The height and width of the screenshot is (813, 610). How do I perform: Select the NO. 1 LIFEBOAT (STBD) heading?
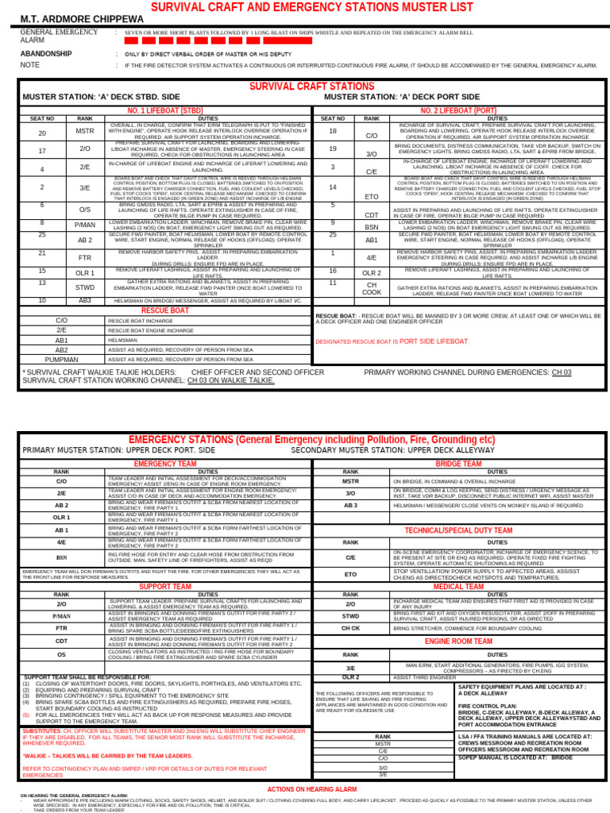(165, 110)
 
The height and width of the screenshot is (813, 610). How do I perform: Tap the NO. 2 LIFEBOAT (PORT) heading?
(458, 110)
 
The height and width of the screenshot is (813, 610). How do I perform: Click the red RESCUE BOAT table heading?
(164, 310)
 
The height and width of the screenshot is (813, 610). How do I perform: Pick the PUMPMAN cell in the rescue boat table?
(61, 360)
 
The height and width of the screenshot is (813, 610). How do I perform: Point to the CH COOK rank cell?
(371, 288)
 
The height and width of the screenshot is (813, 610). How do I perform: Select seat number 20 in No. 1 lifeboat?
(42, 133)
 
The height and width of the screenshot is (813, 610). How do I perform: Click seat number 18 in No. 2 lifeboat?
(333, 131)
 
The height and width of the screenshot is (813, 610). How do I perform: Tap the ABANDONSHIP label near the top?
(45, 54)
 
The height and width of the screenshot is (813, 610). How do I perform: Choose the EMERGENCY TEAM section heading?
(165, 463)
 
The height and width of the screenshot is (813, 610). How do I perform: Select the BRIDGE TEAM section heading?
(458, 463)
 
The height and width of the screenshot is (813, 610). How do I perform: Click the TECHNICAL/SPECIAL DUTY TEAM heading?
(458, 530)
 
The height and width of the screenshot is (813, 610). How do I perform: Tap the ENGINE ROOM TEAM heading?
(458, 640)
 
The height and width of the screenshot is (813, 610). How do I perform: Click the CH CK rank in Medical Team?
(350, 628)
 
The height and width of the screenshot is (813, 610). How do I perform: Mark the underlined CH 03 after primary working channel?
(562, 372)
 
